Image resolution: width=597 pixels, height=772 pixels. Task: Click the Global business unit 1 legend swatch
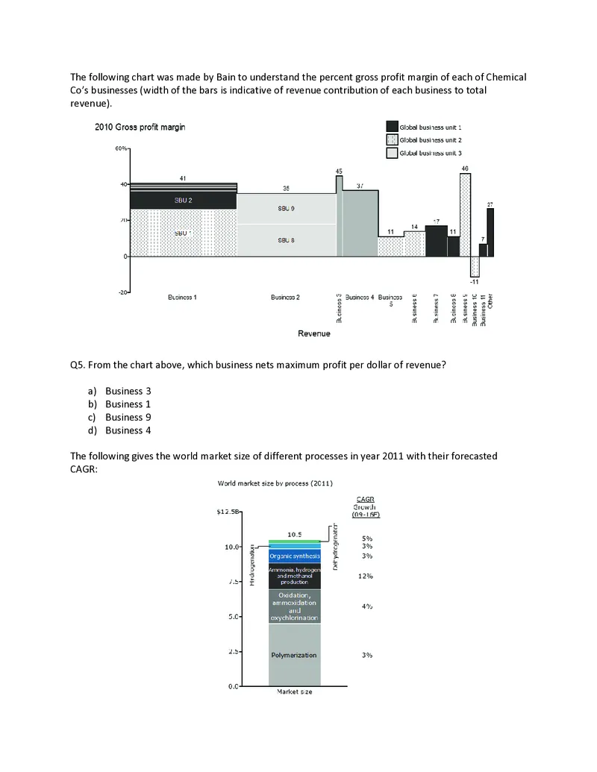392,127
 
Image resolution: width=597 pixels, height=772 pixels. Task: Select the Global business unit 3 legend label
431,152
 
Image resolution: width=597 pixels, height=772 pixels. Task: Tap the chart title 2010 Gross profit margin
140,127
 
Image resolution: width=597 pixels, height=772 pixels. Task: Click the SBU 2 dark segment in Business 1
184,201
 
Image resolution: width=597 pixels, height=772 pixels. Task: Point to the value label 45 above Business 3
339,171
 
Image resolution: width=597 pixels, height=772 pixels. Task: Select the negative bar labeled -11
475,266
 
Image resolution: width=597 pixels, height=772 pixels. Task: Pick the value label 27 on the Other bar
490,204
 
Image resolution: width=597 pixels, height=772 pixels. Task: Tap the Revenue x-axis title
314,333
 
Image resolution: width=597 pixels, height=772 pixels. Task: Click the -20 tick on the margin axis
122,292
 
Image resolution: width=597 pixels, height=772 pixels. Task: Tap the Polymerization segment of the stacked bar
294,655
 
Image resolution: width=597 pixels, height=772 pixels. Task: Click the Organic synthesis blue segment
294,556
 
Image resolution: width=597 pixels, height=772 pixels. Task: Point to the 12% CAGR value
365,576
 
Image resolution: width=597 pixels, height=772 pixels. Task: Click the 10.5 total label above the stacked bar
294,534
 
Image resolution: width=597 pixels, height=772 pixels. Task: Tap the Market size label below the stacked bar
294,692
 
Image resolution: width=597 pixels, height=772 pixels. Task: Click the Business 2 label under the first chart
285,297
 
